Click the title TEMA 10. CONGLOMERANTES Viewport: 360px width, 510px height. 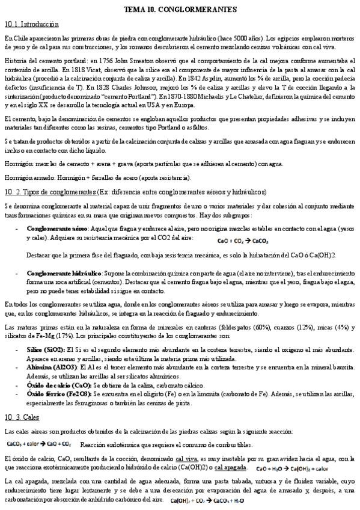pyautogui.click(x=180, y=10)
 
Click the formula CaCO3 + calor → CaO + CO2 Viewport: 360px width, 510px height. pyautogui.click(x=40, y=444)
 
